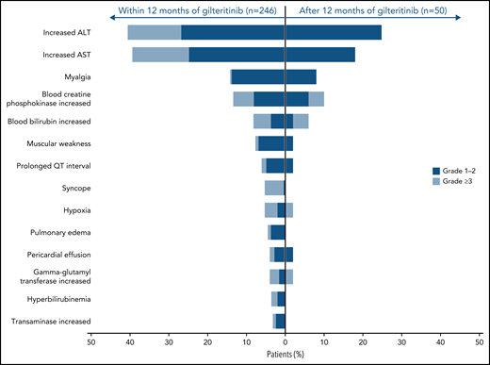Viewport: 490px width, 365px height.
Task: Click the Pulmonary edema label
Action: [x=61, y=232]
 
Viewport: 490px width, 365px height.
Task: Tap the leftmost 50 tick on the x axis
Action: [x=90, y=343]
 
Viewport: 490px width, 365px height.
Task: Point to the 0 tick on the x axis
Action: [x=285, y=343]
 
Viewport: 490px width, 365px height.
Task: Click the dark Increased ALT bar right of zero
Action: [x=334, y=33]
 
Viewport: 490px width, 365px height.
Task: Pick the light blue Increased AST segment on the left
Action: [x=160, y=55]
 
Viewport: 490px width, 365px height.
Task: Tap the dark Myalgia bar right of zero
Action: [x=301, y=76]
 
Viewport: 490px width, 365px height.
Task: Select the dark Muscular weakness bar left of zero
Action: [x=271, y=143]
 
